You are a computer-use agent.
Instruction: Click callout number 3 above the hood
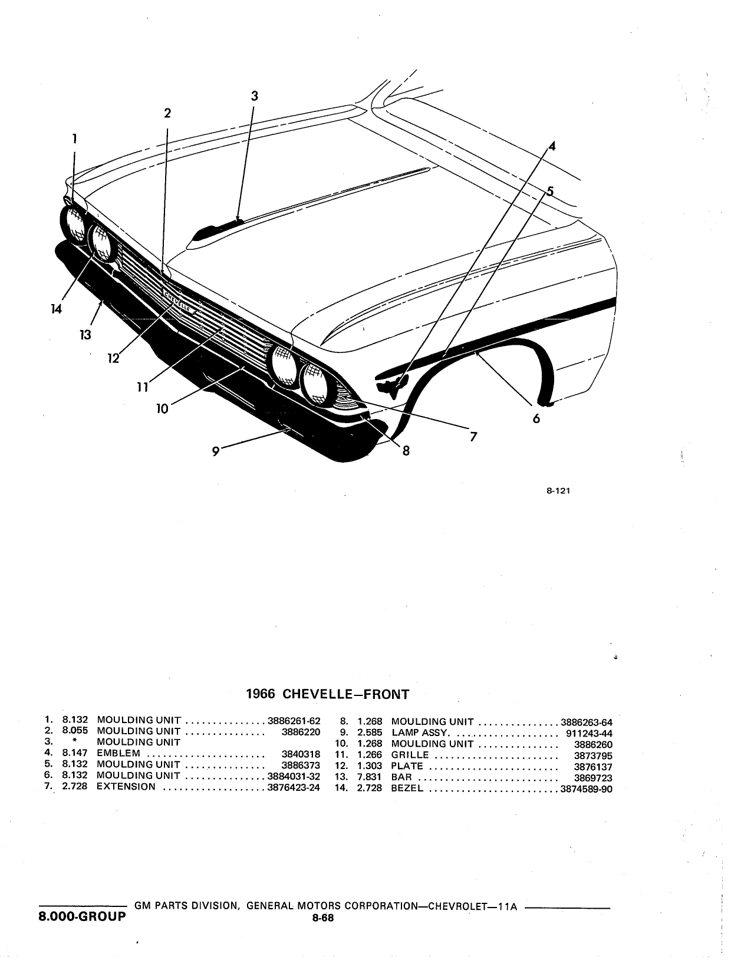[x=254, y=96]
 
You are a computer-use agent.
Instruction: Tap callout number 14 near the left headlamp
[x=56, y=309]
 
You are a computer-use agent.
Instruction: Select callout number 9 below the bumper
[x=216, y=451]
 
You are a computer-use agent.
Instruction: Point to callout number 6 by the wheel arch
[x=536, y=418]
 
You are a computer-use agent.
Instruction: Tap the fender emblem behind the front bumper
[x=391, y=387]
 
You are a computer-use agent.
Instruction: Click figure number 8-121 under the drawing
[x=558, y=490]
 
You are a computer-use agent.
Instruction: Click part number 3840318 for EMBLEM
[x=301, y=754]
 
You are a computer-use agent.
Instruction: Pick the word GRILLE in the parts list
[x=410, y=755]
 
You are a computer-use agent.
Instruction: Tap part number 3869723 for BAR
[x=593, y=777]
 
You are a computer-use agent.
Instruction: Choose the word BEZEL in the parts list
[x=407, y=788]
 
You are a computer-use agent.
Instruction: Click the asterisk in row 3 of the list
[x=75, y=741]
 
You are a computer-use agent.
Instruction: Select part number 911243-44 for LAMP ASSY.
[x=589, y=733]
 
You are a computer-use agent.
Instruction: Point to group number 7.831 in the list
[x=369, y=777]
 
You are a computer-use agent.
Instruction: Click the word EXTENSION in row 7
[x=126, y=787]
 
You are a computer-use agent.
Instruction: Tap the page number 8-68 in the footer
[x=323, y=918]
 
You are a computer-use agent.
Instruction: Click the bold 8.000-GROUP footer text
[x=82, y=916]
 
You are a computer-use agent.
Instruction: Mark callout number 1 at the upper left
[x=75, y=138]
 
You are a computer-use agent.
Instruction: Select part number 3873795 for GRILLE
[x=593, y=755]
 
